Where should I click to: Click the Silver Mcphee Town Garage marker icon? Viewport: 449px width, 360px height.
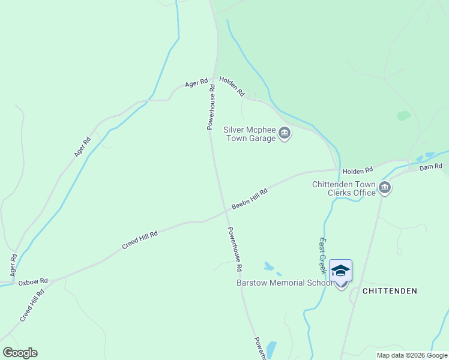coord(285,133)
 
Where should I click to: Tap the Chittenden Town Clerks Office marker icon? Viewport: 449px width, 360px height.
coord(385,188)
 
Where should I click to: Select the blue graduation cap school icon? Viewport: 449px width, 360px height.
coord(340,271)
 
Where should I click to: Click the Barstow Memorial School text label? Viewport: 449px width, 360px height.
coord(283,283)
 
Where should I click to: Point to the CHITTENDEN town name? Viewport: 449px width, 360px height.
coord(390,291)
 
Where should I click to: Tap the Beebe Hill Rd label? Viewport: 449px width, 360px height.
coord(249,198)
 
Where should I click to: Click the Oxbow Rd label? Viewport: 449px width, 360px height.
coord(32,281)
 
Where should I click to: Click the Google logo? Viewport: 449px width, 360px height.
coord(20,353)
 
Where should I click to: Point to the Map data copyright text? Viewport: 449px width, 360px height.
coord(412,355)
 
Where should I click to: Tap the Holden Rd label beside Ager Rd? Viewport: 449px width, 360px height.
coord(232,87)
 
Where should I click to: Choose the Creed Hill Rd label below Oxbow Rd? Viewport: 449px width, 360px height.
coord(32,306)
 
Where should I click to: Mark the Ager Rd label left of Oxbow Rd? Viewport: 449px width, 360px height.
coord(13,265)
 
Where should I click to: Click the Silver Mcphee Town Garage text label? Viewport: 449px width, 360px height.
coord(249,133)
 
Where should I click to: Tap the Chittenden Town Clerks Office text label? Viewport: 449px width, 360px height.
coord(343,188)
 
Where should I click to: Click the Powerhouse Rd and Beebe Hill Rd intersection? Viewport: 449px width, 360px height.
coord(226,211)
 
